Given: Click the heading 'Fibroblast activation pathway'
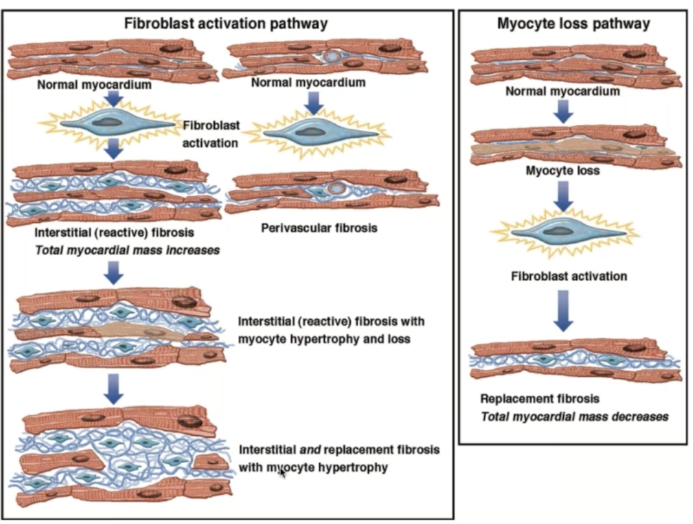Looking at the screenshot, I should coord(226,24).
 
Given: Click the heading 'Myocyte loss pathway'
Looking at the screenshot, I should coord(574,24).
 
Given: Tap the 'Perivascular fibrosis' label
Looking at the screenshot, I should coord(319,228).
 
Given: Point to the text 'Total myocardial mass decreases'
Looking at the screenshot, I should coord(574,416).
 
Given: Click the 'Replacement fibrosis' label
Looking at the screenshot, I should coord(540,398).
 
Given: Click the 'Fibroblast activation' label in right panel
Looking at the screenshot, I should coord(569,276).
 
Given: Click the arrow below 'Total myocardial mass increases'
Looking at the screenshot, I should coord(114,272).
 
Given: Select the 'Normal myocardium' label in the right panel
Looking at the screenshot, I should coord(563,91).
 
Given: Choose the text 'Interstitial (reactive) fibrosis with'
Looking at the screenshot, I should coord(331,322).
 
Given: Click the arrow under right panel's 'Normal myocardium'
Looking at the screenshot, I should coord(563,111).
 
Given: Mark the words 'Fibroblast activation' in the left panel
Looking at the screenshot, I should coord(211,133).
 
